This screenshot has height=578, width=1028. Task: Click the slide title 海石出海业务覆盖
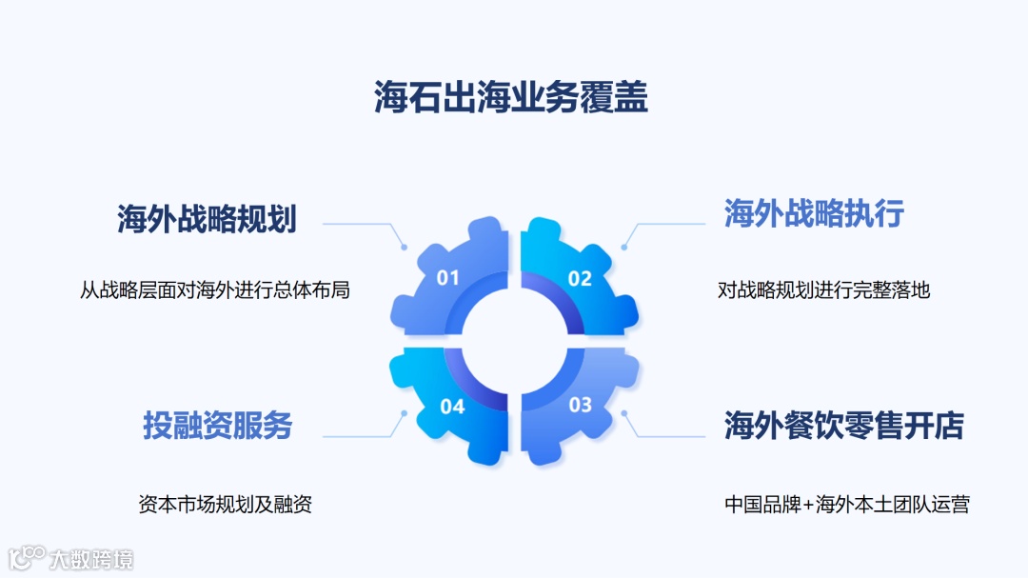pyautogui.click(x=511, y=97)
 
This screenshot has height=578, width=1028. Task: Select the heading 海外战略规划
pyautogui.click(x=207, y=219)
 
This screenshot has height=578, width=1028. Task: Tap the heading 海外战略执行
pyautogui.click(x=814, y=213)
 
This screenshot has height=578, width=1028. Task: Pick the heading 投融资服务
pyautogui.click(x=218, y=425)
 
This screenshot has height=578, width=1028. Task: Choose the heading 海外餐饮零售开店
pyautogui.click(x=843, y=426)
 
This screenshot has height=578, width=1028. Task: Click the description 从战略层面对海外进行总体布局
pyautogui.click(x=215, y=289)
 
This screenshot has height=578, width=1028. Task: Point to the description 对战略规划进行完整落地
pyautogui.click(x=823, y=289)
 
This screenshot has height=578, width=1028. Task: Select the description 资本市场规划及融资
pyautogui.click(x=226, y=504)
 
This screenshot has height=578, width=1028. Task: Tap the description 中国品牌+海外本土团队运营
pyautogui.click(x=846, y=504)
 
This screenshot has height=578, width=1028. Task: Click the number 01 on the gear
pyautogui.click(x=447, y=278)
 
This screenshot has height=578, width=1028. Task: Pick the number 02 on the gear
pyautogui.click(x=580, y=278)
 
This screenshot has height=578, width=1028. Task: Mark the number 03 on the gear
pyautogui.click(x=580, y=405)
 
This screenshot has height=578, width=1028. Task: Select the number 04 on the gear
pyautogui.click(x=452, y=407)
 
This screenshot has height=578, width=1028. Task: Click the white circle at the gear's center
pyautogui.click(x=514, y=342)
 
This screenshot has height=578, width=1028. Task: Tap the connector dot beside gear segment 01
pyautogui.click(x=404, y=248)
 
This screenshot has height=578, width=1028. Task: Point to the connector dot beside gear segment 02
pyautogui.click(x=624, y=248)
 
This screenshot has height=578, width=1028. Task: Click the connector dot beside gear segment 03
pyautogui.click(x=624, y=413)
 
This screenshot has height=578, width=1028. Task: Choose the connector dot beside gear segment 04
pyautogui.click(x=404, y=413)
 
